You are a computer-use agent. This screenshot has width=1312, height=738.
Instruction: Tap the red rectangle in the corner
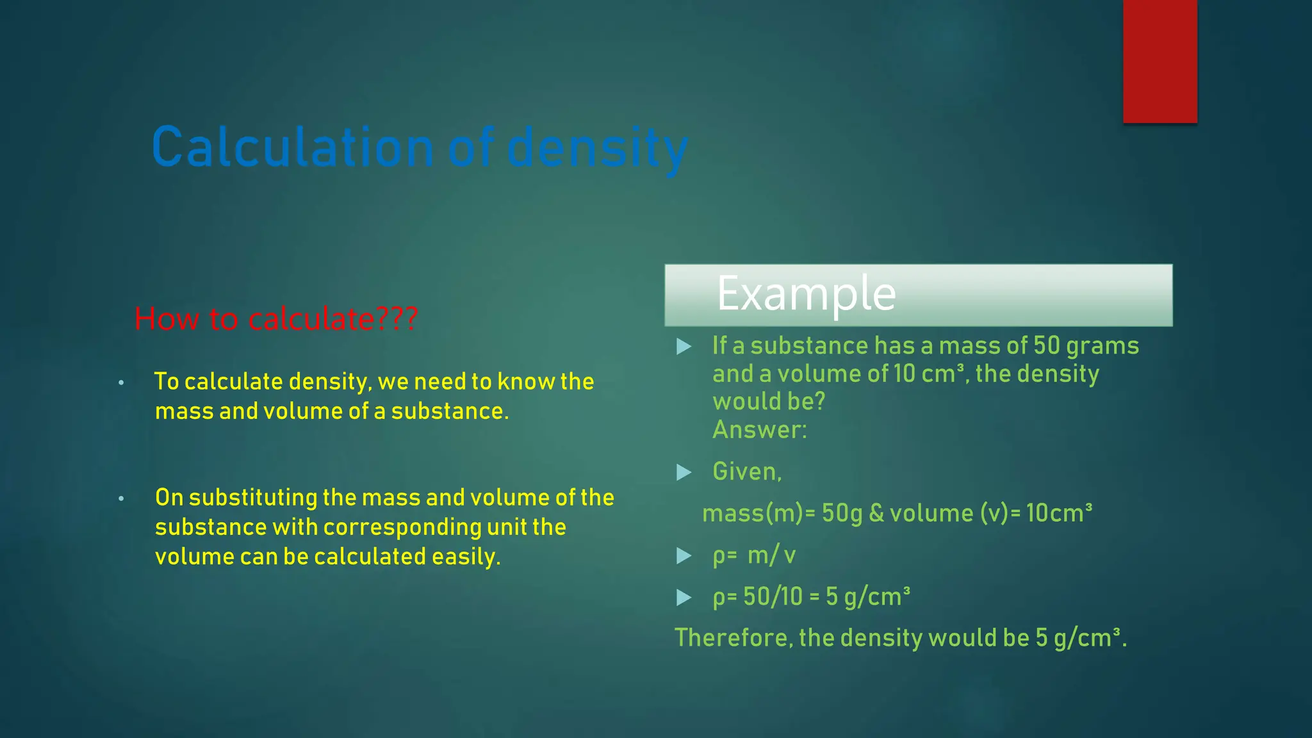pyautogui.click(x=1160, y=61)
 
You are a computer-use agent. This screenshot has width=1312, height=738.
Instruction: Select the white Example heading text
pyautogui.click(x=806, y=294)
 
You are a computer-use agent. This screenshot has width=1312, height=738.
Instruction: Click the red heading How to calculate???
pyautogui.click(x=276, y=319)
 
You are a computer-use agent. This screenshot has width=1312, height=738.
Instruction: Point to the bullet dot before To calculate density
pyautogui.click(x=121, y=383)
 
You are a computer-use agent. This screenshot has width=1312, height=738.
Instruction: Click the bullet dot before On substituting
pyautogui.click(x=121, y=498)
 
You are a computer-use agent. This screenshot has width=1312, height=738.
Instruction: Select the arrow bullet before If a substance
pyautogui.click(x=684, y=347)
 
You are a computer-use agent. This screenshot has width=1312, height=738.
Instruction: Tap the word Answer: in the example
pyautogui.click(x=760, y=430)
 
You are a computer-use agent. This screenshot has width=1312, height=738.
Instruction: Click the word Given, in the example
pyautogui.click(x=747, y=472)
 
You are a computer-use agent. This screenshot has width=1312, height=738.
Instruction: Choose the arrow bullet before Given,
pyautogui.click(x=684, y=473)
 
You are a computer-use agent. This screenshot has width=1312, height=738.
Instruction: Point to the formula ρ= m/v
pyautogui.click(x=754, y=555)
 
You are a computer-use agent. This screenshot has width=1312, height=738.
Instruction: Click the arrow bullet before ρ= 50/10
pyautogui.click(x=684, y=598)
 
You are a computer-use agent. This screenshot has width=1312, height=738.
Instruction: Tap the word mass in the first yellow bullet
pyautogui.click(x=184, y=411)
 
